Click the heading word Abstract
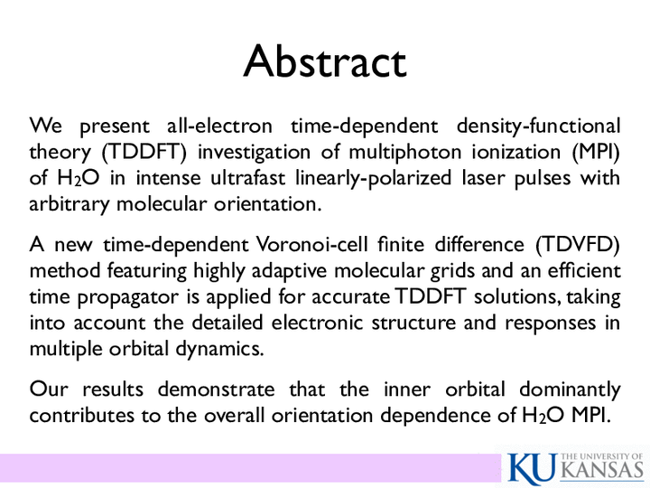pos(325,61)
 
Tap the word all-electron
pos(219,126)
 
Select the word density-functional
pos(538,127)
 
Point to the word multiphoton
pos(405,153)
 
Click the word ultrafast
pos(248,178)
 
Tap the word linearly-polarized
pos(373,179)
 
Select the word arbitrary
pos(70,204)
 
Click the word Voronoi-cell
pos(311,244)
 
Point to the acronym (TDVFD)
pos(578,244)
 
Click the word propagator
pos(127,297)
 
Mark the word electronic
pos(317,323)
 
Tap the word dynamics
pos(219,349)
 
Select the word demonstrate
pos(216,389)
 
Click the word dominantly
pos(570,390)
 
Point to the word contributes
pos(81,416)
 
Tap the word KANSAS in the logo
pos(604,470)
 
